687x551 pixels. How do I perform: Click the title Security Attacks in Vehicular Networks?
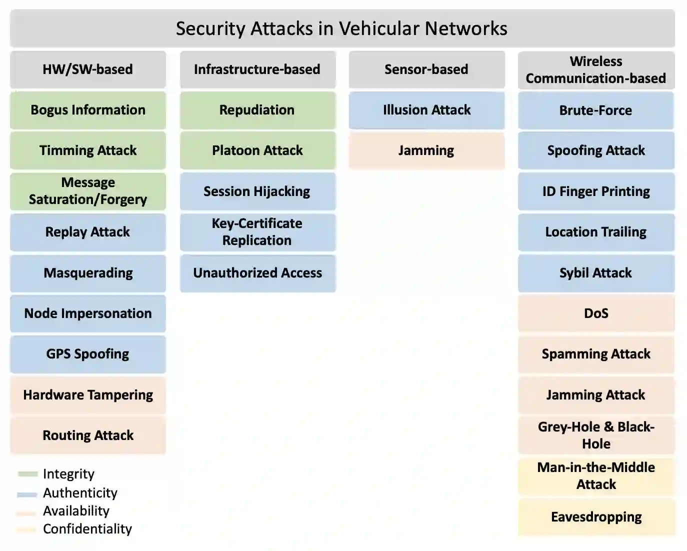342,28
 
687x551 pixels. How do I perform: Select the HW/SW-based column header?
88,69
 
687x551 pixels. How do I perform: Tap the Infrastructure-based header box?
257,69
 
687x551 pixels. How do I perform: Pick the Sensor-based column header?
426,69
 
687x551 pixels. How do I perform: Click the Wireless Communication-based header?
596,70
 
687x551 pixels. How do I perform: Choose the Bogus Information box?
88,110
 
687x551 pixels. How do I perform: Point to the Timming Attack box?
88,150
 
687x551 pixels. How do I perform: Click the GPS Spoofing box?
88,354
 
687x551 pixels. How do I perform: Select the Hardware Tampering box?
88,395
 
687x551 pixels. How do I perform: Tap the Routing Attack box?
88,435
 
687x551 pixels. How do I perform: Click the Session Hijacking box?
257,191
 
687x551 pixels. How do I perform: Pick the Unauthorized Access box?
257,273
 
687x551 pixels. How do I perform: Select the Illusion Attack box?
426,110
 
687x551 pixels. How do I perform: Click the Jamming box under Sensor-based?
426,150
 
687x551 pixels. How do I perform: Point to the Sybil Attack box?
596,273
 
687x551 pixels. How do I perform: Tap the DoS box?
596,313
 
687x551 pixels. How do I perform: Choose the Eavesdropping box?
596,517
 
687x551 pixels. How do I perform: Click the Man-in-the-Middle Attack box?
596,476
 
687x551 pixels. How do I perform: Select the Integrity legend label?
68,474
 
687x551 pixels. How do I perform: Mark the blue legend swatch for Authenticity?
27,494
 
